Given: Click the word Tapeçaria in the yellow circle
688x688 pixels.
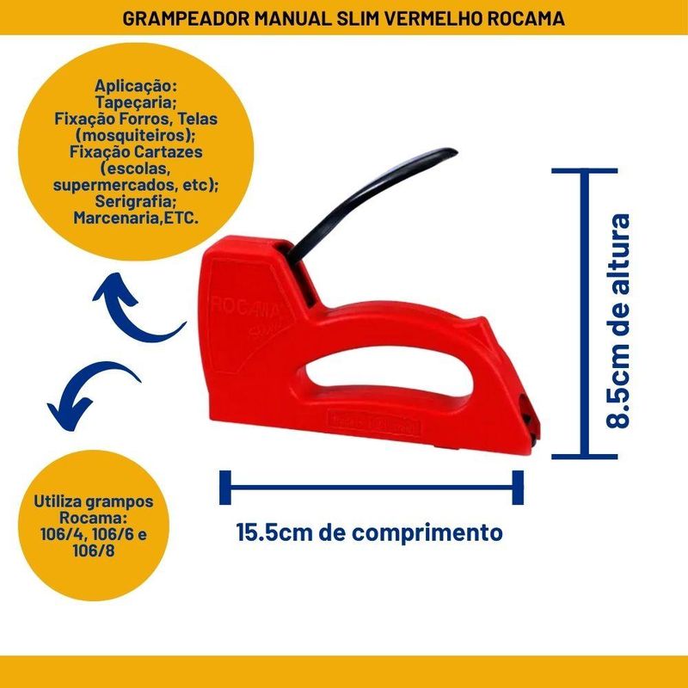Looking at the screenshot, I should (138, 102).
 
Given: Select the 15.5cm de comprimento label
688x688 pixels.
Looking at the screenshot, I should (370, 531).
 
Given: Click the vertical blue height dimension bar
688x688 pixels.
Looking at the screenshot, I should (586, 313).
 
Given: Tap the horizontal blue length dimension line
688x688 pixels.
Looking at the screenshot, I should (372, 487).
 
